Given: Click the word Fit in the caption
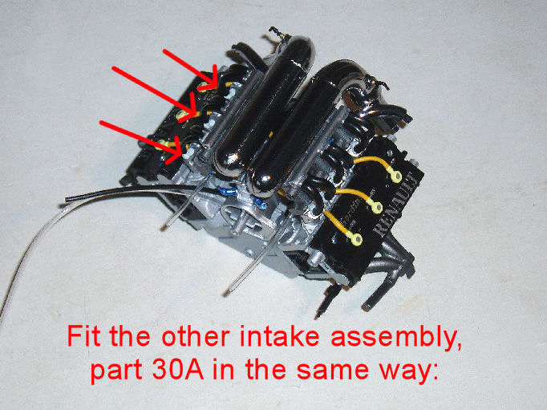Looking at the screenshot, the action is [83, 335].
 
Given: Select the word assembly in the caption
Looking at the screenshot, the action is [395, 338].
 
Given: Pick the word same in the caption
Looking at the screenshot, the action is [333, 371].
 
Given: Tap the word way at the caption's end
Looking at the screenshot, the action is [409, 374].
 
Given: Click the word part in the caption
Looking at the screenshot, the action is [115, 372].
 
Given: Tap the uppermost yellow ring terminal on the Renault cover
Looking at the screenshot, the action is [395, 177].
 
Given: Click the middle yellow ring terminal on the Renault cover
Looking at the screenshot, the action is [377, 208].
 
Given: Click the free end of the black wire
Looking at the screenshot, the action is [67, 199].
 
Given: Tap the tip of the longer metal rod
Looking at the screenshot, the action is [225, 293].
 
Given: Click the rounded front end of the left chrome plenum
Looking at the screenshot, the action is [228, 161].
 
